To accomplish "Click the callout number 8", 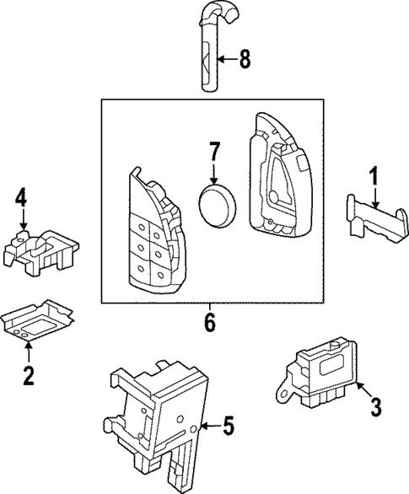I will pyautogui.click(x=245, y=59).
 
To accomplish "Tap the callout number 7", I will pyautogui.click(x=215, y=153).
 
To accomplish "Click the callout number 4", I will pyautogui.click(x=21, y=199).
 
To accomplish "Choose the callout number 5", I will pyautogui.click(x=228, y=427).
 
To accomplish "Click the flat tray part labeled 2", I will pyautogui.click(x=39, y=319).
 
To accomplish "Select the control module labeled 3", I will pyautogui.click(x=324, y=372).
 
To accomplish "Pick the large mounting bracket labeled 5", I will pyautogui.click(x=160, y=413).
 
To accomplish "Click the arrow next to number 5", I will pyautogui.click(x=209, y=427).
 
